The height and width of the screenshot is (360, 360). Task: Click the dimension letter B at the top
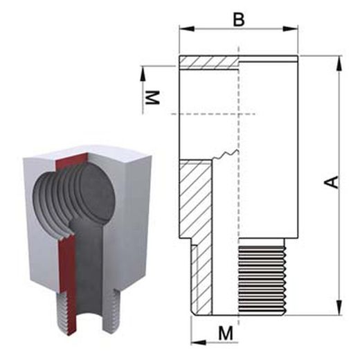[239, 19]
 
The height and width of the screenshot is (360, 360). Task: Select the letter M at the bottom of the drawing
[226, 333]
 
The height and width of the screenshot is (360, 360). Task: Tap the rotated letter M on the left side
[152, 98]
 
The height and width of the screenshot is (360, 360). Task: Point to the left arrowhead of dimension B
[187, 28]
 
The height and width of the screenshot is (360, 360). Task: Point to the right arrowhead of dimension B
[291, 28]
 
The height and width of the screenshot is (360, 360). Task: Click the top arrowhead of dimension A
[339, 62]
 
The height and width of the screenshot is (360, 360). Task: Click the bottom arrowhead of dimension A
[339, 307]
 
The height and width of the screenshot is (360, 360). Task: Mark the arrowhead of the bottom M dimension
[199, 343]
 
